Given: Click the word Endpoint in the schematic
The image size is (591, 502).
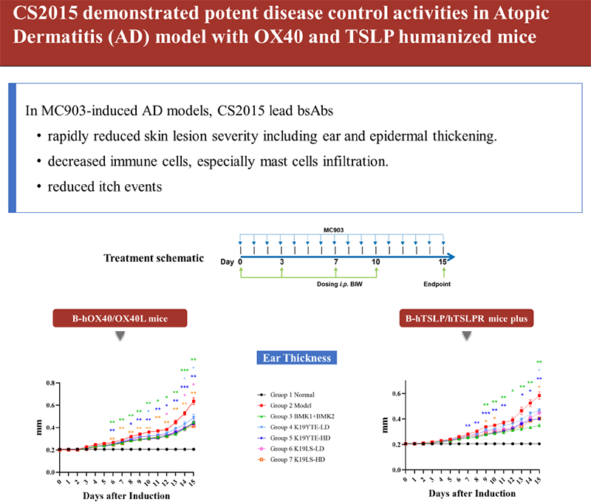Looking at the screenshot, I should point(443,283).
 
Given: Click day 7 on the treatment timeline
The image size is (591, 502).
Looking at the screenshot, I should point(336,262).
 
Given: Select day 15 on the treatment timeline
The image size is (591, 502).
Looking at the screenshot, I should point(443,262).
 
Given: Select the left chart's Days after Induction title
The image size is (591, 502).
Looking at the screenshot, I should point(126,494).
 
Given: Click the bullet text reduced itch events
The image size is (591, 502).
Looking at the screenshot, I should point(105,187).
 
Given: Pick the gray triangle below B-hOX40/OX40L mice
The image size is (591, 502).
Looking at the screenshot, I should point(120,337).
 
